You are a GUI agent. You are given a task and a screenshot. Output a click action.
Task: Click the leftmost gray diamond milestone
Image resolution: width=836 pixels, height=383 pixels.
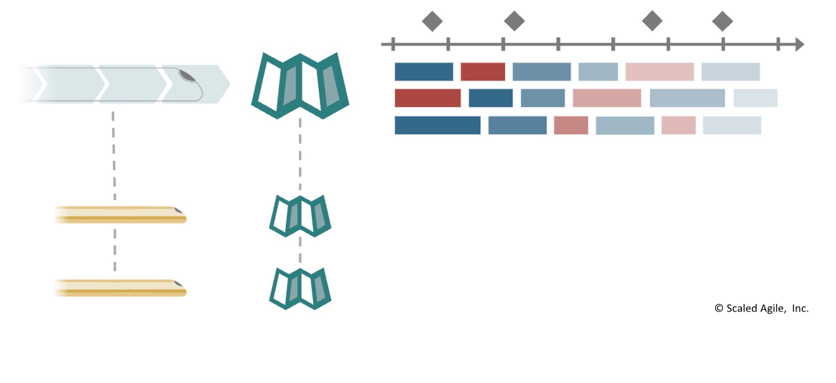pos(432,21)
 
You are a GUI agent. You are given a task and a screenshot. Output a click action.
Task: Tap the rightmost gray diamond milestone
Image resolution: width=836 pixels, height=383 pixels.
pos(722,21)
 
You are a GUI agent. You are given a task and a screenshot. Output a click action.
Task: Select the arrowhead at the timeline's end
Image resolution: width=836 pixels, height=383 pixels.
pos(799,44)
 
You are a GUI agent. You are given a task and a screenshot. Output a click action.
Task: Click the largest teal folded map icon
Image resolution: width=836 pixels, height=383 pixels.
pos(300,85)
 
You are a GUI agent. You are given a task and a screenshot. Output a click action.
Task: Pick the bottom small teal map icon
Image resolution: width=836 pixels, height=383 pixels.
pos(300,289)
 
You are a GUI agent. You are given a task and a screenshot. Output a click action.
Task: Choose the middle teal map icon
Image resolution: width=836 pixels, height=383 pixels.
pos(300,216)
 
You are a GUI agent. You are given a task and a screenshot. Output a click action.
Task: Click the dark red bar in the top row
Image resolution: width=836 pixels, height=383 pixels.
pos(483,72)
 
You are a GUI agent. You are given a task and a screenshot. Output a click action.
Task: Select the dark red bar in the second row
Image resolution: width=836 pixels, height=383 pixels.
pos(428,98)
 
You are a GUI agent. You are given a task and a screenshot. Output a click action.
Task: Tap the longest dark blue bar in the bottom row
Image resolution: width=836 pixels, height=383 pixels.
pos(438,125)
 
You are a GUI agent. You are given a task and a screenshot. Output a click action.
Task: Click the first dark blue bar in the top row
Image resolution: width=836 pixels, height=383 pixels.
pos(424,72)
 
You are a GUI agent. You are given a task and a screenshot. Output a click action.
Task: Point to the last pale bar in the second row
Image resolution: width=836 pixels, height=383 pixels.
pos(755,98)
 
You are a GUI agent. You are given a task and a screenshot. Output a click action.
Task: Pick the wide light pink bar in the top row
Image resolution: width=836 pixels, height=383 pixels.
pos(660,72)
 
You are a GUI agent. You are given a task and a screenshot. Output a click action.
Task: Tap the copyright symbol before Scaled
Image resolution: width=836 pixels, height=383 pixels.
pos(719,308)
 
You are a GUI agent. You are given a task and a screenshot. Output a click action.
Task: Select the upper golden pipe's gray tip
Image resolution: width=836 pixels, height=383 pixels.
pos(179,210)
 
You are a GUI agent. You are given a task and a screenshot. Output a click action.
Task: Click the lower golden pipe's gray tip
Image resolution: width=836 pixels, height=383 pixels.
pos(179,284)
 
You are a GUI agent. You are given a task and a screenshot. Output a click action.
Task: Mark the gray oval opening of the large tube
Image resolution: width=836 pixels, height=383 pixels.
pos(187,76)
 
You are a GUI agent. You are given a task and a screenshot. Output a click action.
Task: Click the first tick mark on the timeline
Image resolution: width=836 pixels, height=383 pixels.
pos(393,44)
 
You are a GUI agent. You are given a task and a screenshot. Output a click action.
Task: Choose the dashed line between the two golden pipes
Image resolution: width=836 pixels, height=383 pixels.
pos(115,250)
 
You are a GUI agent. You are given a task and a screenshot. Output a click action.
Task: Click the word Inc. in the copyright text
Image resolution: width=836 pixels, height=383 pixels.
pos(800,309)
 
